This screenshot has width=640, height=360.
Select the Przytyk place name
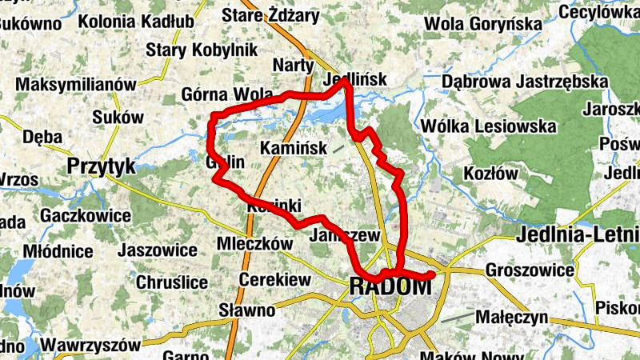[x=102, y=166]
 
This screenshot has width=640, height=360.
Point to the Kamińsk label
[x=294, y=148]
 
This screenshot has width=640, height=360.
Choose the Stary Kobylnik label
[x=200, y=50]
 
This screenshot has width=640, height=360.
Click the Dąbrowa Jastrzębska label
[x=525, y=82]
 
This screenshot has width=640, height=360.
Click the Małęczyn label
[x=511, y=317]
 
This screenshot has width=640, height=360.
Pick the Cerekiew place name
[x=274, y=281]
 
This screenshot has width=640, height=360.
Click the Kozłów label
[x=491, y=174]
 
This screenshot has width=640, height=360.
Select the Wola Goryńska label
[x=482, y=24]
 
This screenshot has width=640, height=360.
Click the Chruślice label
[x=172, y=282]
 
